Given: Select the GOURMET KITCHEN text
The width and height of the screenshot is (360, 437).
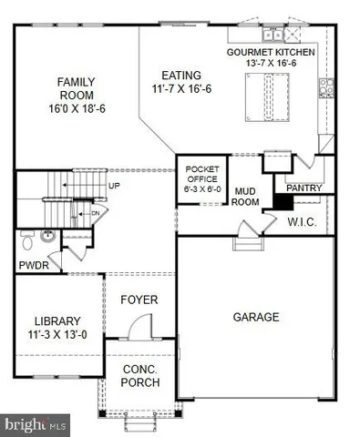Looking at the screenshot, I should [x=271, y=53].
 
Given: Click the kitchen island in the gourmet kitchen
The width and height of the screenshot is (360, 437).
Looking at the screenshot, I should [x=268, y=95].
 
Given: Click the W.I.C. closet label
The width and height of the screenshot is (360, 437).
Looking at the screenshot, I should [x=301, y=221].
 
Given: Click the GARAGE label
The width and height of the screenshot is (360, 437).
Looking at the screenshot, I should [x=254, y=317].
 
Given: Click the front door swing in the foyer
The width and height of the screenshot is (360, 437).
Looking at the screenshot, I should [x=139, y=325].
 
